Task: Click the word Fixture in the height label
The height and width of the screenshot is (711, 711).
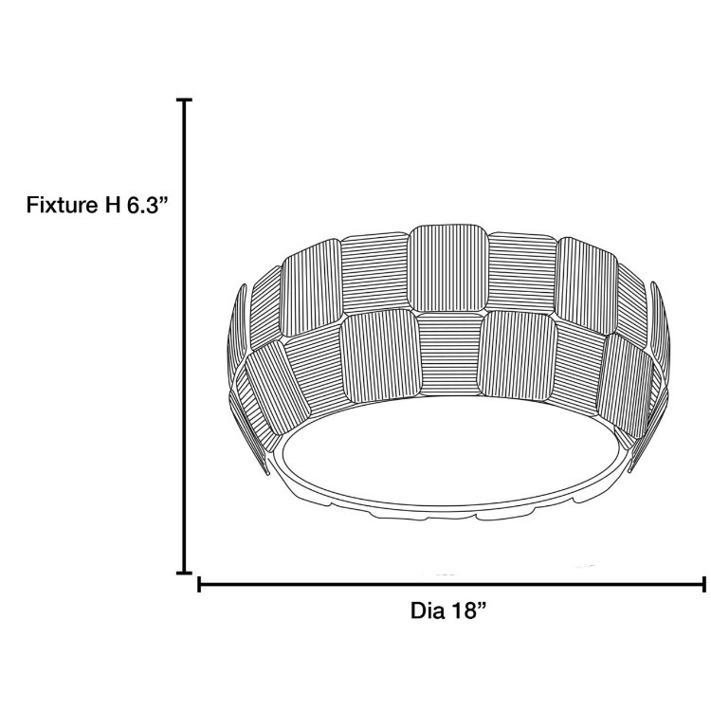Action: [59, 205]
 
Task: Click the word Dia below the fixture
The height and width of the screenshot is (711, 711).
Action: [428, 611]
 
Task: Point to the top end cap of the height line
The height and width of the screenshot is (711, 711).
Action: [185, 100]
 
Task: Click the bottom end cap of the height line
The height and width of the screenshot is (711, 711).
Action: [185, 572]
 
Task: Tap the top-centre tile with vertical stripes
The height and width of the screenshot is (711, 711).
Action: [448, 267]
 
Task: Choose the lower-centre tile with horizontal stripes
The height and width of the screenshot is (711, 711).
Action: [448, 351]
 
